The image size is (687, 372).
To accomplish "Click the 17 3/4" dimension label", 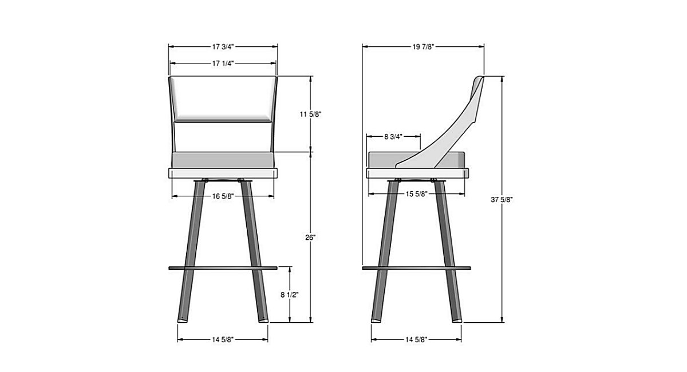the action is coord(223,46).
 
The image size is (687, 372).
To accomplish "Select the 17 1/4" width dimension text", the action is coord(223,64).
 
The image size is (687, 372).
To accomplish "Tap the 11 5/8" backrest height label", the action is coord(310,114).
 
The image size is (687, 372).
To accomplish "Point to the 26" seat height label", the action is coord(310,238).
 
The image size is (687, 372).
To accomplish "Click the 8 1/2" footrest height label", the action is coord(289,295).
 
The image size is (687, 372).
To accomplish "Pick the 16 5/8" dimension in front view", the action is coord(223,196).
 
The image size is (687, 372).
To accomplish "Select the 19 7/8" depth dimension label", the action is coord(423,46).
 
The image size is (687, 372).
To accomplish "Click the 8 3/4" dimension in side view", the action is coord(393,137).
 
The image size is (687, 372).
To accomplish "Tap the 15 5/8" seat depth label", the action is coord(417,194).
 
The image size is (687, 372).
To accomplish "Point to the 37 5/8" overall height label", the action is coord(502,200).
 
